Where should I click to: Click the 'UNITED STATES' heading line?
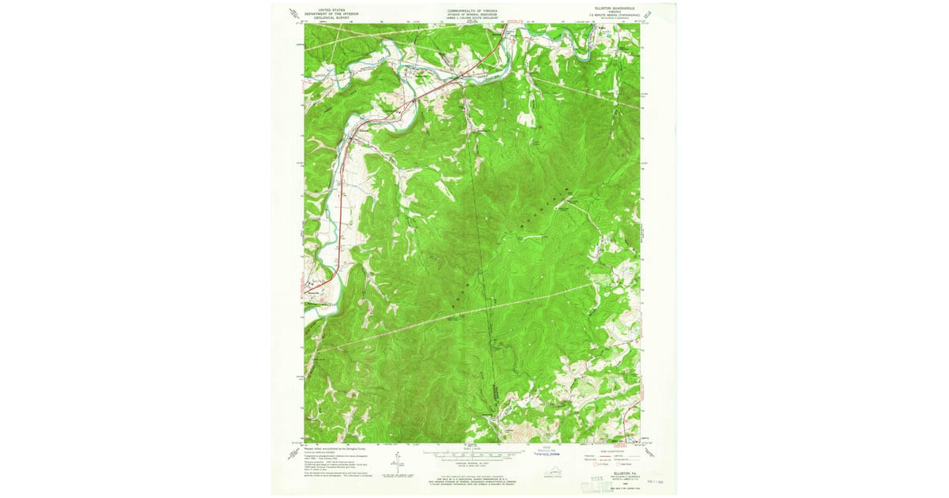coord(332,9)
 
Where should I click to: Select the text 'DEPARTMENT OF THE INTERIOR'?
coord(332,13)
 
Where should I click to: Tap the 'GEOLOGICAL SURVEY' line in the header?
coord(332,17)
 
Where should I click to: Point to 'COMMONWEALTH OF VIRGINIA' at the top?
coord(474,9)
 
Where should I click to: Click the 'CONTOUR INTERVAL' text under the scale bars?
coord(474,462)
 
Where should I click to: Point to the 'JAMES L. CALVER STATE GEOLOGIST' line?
coord(474,17)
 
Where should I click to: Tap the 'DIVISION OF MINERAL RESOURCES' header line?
coord(474,13)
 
